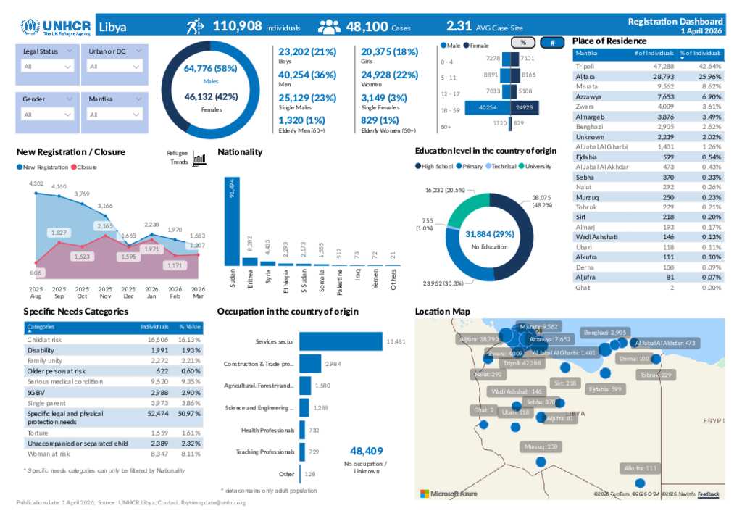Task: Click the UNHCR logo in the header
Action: click(57, 28)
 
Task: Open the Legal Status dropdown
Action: click(48, 66)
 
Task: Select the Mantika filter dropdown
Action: click(114, 115)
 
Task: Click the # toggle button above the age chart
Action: click(553, 43)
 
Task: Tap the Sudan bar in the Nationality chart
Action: click(232, 221)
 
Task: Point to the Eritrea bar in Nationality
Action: click(249, 262)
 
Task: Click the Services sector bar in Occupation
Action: click(341, 341)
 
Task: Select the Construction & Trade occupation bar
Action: click(310, 364)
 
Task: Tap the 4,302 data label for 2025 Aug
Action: click(36, 183)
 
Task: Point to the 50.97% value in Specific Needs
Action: click(190, 413)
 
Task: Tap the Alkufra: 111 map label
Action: click(640, 468)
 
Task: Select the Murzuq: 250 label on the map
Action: click(542, 446)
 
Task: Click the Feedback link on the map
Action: click(709, 494)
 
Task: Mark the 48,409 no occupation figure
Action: click(366, 450)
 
